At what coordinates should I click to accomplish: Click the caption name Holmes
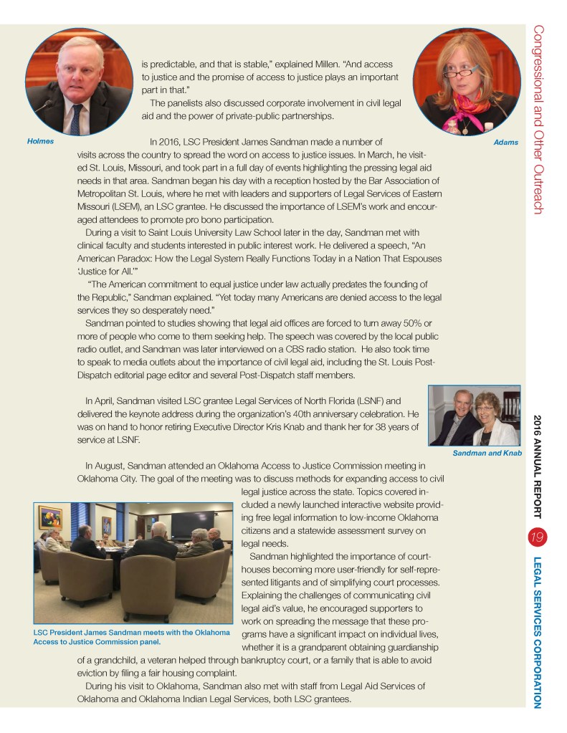click(40, 141)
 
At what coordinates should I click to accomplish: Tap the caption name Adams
click(505, 143)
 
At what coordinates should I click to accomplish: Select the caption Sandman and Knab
click(487, 453)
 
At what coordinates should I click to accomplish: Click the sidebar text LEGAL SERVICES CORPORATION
click(537, 630)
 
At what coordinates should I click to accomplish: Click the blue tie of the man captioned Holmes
click(75, 119)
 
